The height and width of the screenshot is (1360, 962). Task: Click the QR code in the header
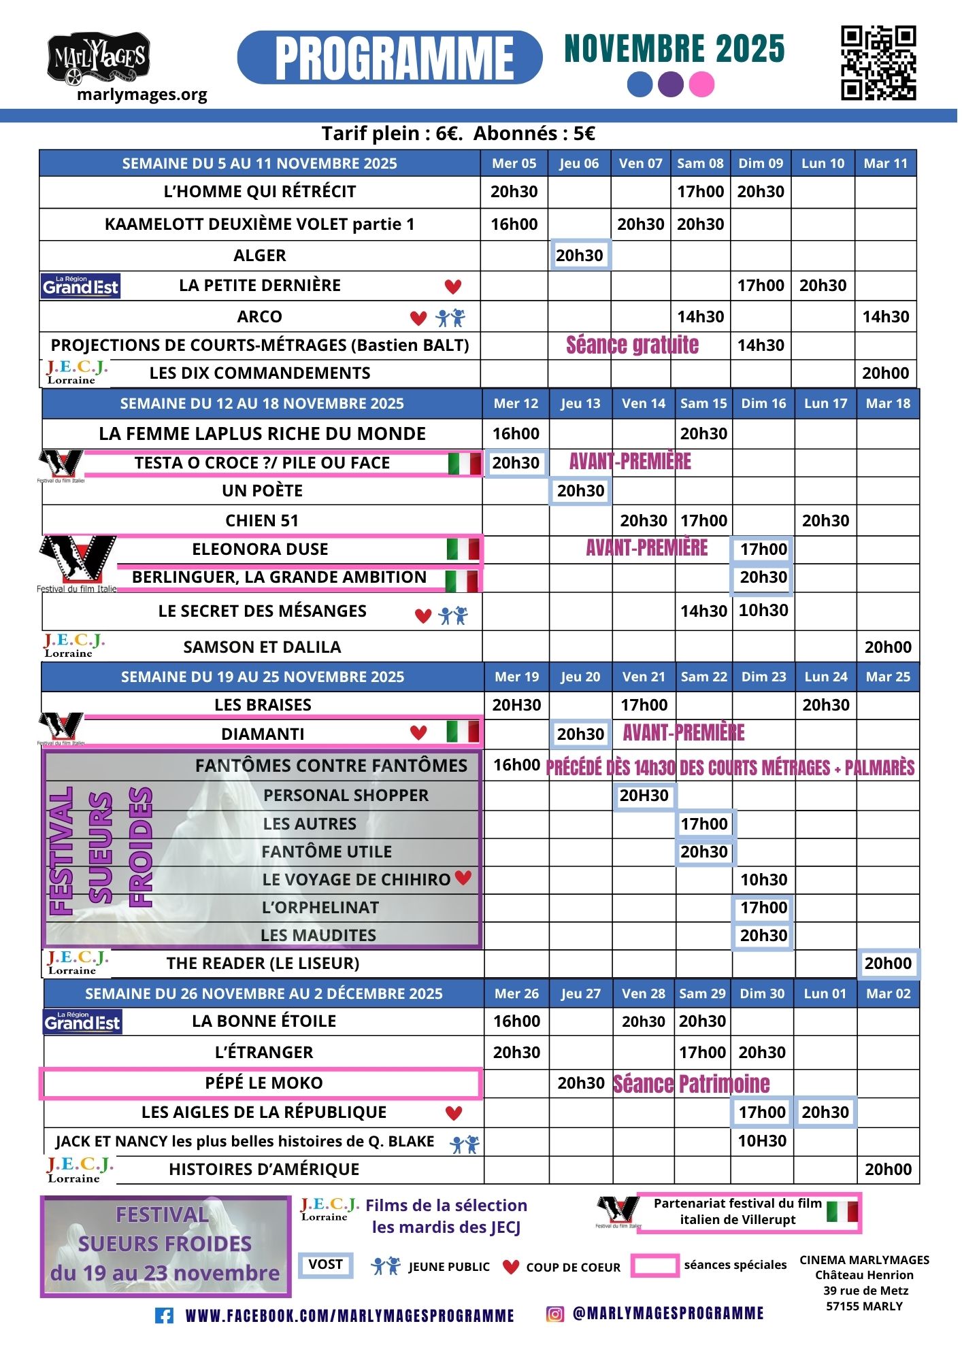pyautogui.click(x=878, y=63)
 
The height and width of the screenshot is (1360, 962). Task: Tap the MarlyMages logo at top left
pyautogui.click(x=99, y=58)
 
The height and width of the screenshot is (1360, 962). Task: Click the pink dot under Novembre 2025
pyautogui.click(x=701, y=85)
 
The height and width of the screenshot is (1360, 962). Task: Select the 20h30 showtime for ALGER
pyautogui.click(x=580, y=256)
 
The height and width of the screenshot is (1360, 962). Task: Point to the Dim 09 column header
pyautogui.click(x=761, y=163)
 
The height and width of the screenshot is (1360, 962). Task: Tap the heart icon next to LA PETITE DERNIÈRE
pyautogui.click(x=453, y=287)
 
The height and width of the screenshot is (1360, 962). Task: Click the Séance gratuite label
pyautogui.click(x=632, y=345)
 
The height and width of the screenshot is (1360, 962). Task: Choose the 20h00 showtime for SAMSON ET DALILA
pyautogui.click(x=888, y=647)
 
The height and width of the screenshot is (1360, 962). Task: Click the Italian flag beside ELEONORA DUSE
pyautogui.click(x=463, y=549)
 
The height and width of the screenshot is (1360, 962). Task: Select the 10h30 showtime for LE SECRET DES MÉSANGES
pyautogui.click(x=763, y=611)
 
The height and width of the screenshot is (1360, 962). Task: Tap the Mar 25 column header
pyautogui.click(x=888, y=677)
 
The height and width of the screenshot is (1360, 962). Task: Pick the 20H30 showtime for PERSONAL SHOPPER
pyautogui.click(x=644, y=796)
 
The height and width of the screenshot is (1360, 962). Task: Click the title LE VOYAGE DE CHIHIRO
pyautogui.click(x=356, y=880)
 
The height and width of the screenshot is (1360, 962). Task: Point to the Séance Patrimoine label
pyautogui.click(x=691, y=1084)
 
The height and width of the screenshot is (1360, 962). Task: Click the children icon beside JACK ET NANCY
pyautogui.click(x=465, y=1145)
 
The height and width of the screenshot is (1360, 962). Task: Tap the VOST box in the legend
pyautogui.click(x=325, y=1265)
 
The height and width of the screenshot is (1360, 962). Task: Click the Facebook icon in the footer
pyautogui.click(x=164, y=1316)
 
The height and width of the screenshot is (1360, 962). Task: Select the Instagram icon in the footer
pyautogui.click(x=555, y=1314)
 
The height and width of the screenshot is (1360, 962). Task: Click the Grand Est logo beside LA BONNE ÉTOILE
pyautogui.click(x=82, y=1021)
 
